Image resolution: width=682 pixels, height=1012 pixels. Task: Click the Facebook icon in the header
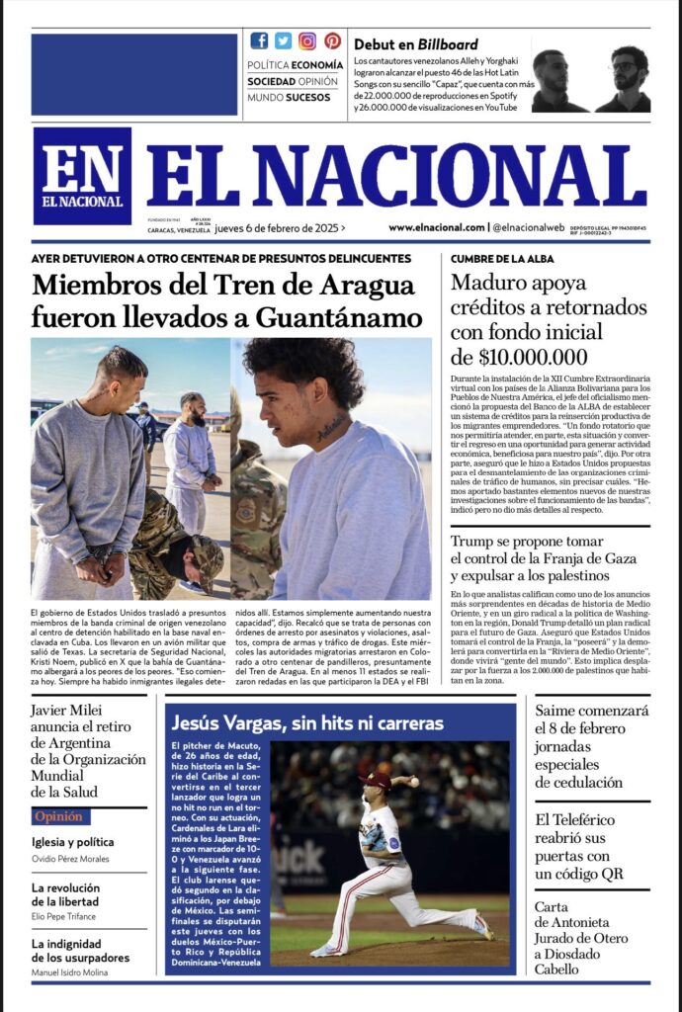(259, 41)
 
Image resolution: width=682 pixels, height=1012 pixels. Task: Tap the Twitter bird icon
(283, 41)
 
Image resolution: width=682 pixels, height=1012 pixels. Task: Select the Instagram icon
(307, 41)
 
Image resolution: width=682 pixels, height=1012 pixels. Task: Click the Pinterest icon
(332, 41)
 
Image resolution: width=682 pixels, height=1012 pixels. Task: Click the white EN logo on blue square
(82, 175)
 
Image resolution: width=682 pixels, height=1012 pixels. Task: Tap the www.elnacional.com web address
(436, 227)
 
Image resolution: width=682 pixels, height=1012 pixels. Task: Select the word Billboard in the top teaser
(447, 44)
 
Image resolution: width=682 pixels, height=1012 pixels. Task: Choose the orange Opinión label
(58, 817)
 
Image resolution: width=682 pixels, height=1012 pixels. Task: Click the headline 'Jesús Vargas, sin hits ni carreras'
(306, 723)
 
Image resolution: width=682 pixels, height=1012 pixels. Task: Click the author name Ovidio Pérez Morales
(70, 859)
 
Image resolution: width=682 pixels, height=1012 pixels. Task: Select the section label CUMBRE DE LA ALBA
(502, 259)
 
